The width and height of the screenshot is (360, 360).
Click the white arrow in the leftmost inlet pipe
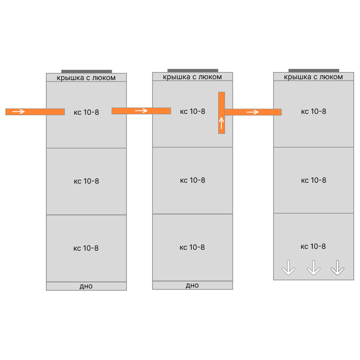[x=18, y=112]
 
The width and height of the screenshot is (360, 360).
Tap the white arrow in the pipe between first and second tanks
[x=141, y=111]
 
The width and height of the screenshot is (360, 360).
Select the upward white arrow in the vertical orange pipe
[x=221, y=123]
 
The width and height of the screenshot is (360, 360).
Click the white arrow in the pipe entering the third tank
[x=252, y=112]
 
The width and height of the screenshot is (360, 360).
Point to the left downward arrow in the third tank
[x=288, y=268]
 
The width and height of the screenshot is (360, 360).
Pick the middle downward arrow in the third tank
[x=314, y=268]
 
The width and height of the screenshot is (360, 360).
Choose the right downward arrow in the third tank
[x=337, y=268]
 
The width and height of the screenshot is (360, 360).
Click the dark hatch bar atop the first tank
[x=86, y=72]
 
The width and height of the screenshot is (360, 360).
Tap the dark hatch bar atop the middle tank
[x=193, y=71]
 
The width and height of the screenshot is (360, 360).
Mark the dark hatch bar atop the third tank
[x=314, y=71]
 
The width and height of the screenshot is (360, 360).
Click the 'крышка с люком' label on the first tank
[x=86, y=78]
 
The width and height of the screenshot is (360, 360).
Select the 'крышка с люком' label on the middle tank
[x=193, y=77]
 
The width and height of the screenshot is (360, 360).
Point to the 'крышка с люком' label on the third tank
[x=313, y=77]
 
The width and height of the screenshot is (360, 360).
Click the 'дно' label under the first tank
[x=86, y=286]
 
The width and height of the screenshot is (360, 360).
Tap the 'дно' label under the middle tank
[x=193, y=285]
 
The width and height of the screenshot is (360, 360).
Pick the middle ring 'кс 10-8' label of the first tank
[x=86, y=181]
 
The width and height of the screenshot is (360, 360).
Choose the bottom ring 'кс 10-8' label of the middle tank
[x=192, y=247]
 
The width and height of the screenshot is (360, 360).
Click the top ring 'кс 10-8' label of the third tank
[x=314, y=111]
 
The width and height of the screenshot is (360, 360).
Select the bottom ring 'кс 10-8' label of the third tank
[x=313, y=246]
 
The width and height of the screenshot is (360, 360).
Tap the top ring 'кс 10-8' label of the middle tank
[x=193, y=111]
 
